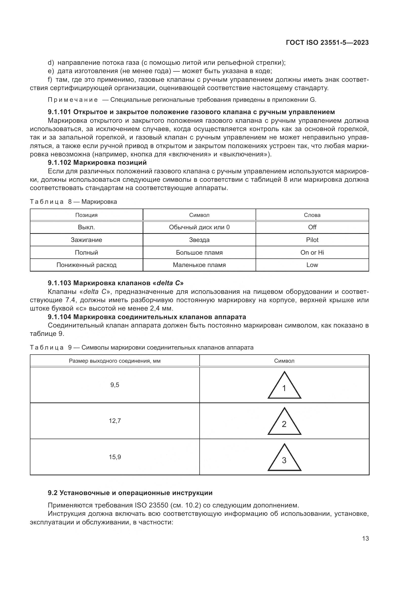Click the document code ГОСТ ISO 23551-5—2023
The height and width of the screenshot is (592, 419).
(x=327, y=43)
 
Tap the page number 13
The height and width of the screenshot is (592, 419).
(x=365, y=538)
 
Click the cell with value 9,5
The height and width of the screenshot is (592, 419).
(x=115, y=385)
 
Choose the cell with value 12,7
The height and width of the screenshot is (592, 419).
(x=115, y=421)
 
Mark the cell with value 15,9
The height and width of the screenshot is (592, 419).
(x=115, y=457)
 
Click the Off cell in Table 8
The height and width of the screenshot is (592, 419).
(x=312, y=227)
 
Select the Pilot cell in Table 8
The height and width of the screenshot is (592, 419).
(x=312, y=240)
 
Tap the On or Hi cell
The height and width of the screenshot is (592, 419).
(x=312, y=252)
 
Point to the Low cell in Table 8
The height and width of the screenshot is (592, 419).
(x=312, y=265)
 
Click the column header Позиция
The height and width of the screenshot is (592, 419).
(x=86, y=215)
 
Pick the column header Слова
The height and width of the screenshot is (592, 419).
(x=312, y=215)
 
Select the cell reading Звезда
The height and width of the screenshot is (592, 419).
(x=199, y=240)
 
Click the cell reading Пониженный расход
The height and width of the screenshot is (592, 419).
(x=86, y=265)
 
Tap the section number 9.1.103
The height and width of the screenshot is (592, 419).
(x=60, y=283)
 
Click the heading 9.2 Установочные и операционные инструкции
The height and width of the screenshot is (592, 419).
(x=130, y=493)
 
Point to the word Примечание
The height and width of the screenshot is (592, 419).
(x=73, y=100)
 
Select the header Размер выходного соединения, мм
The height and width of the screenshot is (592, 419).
(x=115, y=361)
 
